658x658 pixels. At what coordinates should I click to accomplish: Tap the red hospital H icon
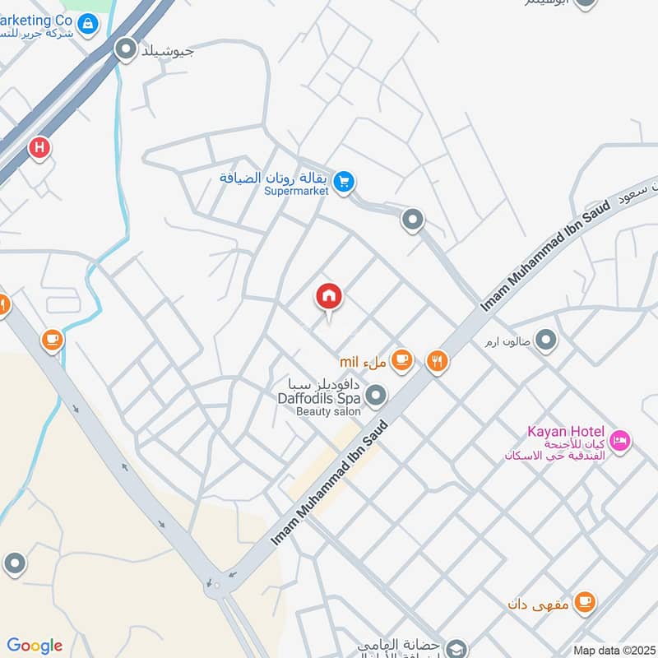[x=39, y=148]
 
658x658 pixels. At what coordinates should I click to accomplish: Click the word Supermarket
[x=297, y=191]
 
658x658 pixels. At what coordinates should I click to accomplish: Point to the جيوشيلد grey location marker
[x=126, y=51]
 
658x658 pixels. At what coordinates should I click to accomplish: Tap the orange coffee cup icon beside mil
[x=401, y=359]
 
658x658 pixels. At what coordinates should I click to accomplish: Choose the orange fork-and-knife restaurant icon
[x=437, y=360]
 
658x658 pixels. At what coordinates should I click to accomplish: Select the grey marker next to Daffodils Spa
[x=376, y=397]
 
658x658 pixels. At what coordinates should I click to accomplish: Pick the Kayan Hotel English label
[x=566, y=432]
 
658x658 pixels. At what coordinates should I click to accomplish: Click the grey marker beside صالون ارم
[x=545, y=339]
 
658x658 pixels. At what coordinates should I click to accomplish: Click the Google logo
[x=35, y=646]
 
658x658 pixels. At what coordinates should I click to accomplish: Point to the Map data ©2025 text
[x=613, y=650]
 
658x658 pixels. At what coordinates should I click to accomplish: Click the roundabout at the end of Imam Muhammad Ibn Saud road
[x=216, y=585]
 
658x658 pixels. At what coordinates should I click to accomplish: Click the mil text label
[x=350, y=362]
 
